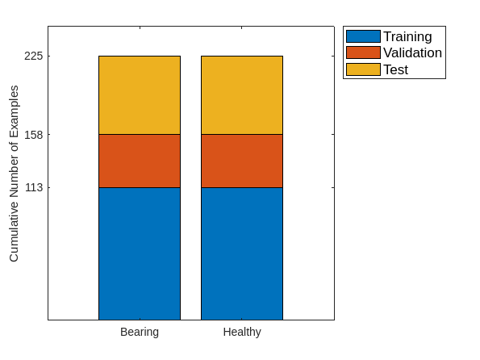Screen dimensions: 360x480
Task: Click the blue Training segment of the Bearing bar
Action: coord(139,253)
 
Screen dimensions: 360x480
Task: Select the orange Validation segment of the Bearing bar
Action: coord(139,161)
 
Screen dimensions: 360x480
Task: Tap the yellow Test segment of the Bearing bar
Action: coord(139,94)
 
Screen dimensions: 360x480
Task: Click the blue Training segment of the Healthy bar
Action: coord(241,253)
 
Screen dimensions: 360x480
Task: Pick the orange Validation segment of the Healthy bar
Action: coord(241,161)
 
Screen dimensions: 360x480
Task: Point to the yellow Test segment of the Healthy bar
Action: coord(241,94)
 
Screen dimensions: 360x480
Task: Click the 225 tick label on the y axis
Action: coord(33,57)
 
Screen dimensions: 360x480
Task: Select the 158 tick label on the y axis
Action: coord(33,134)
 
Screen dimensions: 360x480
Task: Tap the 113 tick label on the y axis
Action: coord(33,187)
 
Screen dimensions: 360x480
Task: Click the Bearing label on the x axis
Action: coord(139,332)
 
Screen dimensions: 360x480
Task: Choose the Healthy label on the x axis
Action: coord(241,332)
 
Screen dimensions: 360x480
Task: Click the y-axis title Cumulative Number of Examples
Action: coord(14,173)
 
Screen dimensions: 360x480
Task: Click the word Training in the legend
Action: coord(407,36)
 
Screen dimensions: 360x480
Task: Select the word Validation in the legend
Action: coord(412,52)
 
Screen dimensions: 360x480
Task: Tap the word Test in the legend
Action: coord(395,69)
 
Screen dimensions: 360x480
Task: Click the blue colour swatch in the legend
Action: coord(362,36)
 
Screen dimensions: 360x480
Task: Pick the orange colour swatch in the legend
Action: coord(362,52)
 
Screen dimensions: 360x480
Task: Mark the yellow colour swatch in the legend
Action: coord(362,69)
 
